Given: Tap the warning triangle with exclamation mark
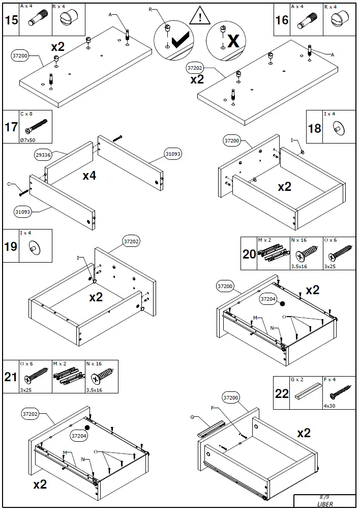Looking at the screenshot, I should pos(201,17).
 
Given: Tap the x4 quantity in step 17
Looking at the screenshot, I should pos(89,176).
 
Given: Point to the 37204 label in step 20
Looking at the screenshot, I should pos(267,299).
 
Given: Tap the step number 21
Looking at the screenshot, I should pos(11,377).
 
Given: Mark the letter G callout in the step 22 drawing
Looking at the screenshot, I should pos(192,418).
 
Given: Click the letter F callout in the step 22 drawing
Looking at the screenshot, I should pos(213,408).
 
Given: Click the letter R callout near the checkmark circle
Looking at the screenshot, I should pos(151,10).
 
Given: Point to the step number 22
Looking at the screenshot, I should pos(281,393).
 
